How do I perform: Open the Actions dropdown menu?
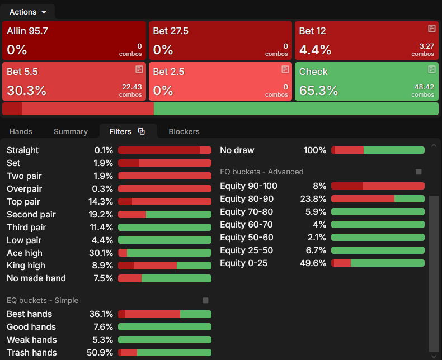[x=27, y=12]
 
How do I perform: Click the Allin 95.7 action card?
[x=74, y=41]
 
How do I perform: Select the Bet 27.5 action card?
[x=220, y=41]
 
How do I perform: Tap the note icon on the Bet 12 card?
[x=431, y=28]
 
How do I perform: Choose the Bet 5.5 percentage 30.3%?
[x=26, y=91]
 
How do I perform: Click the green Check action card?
[x=366, y=82]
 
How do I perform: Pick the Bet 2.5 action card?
[x=220, y=82]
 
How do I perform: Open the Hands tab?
[x=21, y=131]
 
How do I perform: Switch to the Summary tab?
[x=70, y=131]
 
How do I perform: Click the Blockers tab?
[x=184, y=131]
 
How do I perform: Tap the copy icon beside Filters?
[x=141, y=131]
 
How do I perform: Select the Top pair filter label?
[x=23, y=202]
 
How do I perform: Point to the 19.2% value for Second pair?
[x=101, y=215]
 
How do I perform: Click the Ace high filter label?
[x=25, y=253]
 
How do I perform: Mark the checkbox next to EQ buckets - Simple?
[x=205, y=300]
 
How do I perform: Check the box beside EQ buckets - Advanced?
[x=419, y=172]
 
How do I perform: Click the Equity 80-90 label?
[x=247, y=199]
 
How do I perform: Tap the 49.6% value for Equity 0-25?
[x=313, y=263]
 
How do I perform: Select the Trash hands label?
[x=32, y=353]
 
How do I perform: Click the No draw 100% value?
[x=315, y=150]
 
